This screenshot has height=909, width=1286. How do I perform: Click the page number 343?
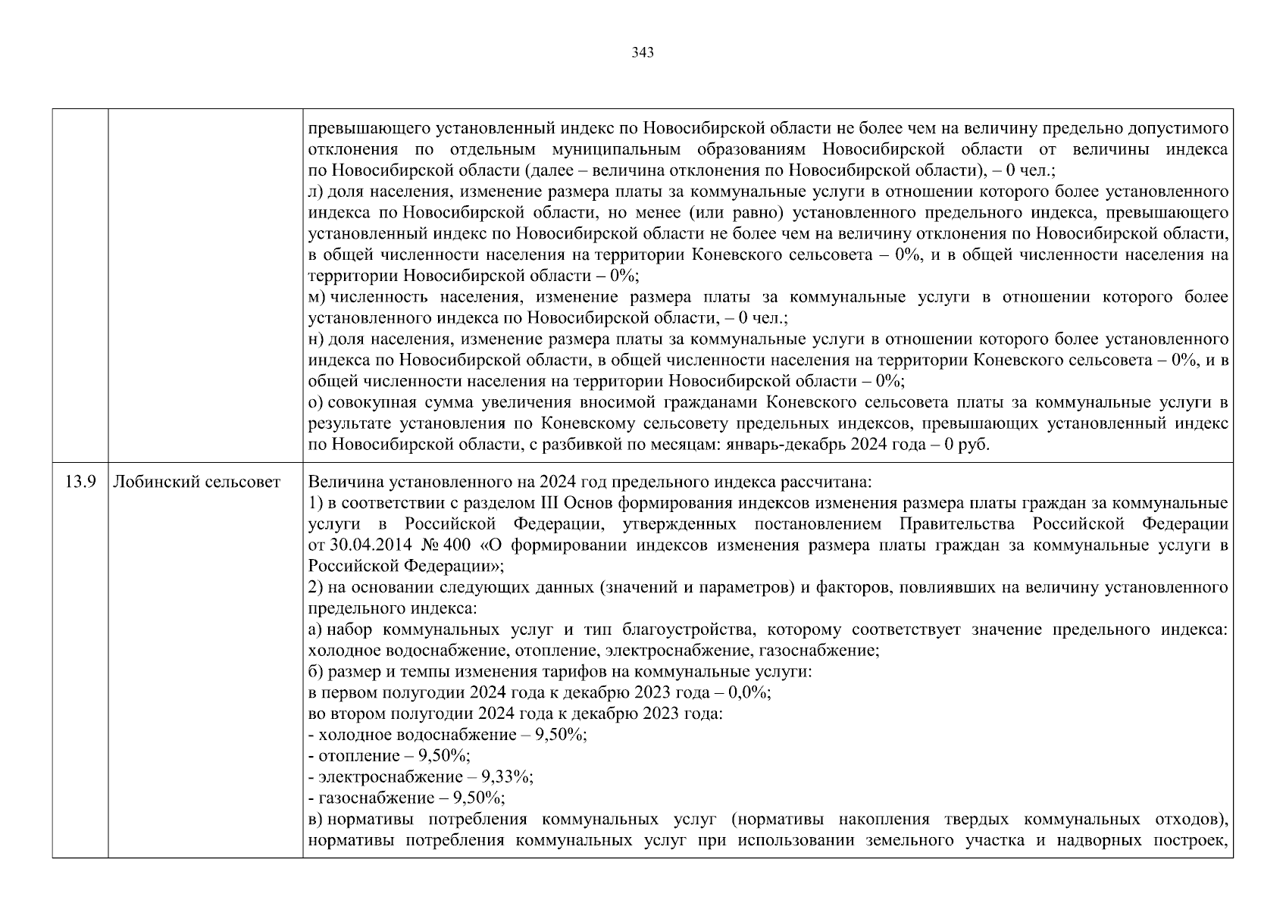[642, 53]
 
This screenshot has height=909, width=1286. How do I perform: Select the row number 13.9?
[80, 482]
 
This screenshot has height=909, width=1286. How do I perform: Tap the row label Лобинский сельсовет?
[196, 482]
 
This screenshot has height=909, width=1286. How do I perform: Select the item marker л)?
[317, 192]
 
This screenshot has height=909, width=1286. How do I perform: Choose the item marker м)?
[318, 297]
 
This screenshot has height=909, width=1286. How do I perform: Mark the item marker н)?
[317, 339]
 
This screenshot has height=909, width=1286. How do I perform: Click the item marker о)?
[317, 402]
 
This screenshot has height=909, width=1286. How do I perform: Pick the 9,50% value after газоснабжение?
[479, 798]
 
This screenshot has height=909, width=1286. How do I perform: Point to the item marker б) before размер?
[317, 672]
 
